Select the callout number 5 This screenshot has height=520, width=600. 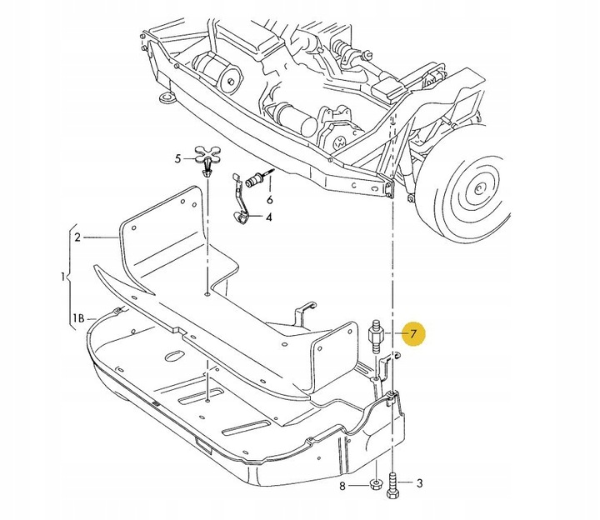[x=177, y=157]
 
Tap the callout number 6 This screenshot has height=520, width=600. [x=269, y=201]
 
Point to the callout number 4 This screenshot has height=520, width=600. [x=269, y=218]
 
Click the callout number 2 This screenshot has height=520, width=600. [x=77, y=237]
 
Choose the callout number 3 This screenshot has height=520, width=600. [x=419, y=482]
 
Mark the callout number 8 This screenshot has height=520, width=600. [x=342, y=485]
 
